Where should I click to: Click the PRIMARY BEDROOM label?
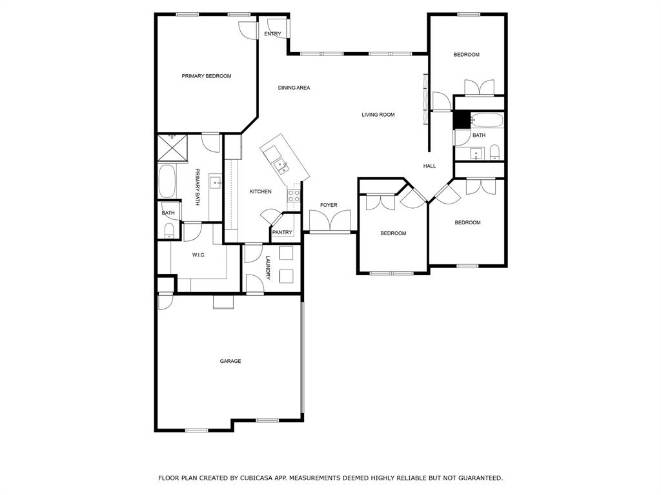[206, 76]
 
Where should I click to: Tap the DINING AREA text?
[294, 88]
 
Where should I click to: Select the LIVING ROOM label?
[378, 115]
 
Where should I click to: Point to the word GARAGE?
[230, 361]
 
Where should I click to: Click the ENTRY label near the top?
[272, 34]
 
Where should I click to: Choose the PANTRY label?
[282, 232]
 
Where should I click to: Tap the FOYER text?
[329, 205]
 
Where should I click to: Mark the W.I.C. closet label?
[199, 255]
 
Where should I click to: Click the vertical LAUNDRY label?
[268, 267]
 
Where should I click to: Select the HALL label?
[429, 166]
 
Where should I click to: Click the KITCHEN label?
[260, 191]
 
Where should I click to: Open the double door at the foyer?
[329, 222]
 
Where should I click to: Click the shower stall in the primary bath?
[172, 148]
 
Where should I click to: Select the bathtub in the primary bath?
[167, 182]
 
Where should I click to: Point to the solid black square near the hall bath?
[461, 121]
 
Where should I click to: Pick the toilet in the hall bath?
[494, 152]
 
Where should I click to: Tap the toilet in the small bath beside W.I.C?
[169, 230]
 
